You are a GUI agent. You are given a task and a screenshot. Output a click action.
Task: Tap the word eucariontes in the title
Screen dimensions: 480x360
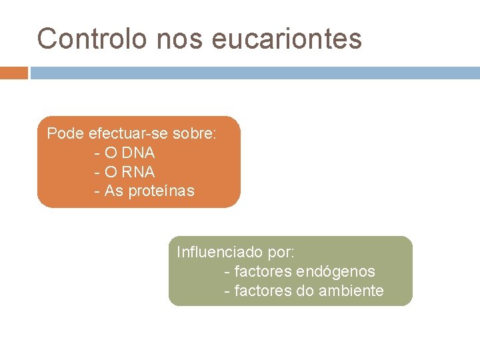coord(287,39)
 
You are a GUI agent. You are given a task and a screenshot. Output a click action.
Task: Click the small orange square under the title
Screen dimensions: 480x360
coord(13,73)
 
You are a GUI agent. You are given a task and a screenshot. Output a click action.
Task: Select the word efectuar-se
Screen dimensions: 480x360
coord(128,134)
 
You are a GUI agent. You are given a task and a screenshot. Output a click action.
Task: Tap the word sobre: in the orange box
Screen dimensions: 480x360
coord(195,134)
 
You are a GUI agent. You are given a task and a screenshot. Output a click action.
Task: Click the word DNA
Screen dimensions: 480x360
coord(138,153)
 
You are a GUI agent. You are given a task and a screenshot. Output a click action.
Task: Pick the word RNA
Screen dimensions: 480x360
coord(138,172)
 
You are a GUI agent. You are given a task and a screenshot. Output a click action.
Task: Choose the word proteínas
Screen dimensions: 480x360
coord(162,191)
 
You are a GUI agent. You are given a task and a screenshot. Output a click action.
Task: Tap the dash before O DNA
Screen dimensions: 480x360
coord(98,153)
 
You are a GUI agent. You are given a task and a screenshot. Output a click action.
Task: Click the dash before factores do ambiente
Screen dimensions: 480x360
coord(228,291)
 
